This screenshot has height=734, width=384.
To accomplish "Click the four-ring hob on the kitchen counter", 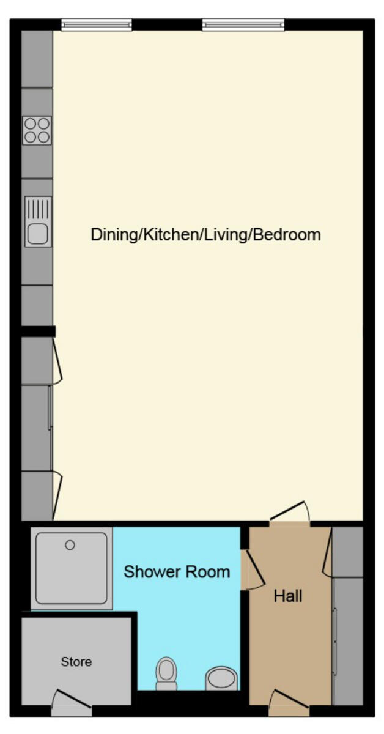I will click(x=37, y=130).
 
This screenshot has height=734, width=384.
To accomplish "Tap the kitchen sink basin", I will click(x=37, y=233).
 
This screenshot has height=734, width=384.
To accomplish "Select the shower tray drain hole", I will click(x=70, y=544).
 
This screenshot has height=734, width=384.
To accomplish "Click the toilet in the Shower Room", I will click(x=166, y=673).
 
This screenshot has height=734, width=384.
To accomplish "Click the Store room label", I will click(x=76, y=661).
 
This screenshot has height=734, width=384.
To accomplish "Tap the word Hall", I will click(x=288, y=595).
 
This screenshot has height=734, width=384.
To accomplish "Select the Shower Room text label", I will click(x=177, y=572).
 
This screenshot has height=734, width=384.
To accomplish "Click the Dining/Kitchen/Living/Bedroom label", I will click(x=205, y=234).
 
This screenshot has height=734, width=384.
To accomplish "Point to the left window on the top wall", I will click(x=96, y=24).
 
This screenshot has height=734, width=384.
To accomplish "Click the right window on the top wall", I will click(x=243, y=24).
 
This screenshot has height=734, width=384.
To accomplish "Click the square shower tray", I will click(x=72, y=568).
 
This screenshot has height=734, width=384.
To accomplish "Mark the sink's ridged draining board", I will click(x=38, y=210).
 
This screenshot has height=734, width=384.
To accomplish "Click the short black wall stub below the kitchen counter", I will click(x=38, y=331).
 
